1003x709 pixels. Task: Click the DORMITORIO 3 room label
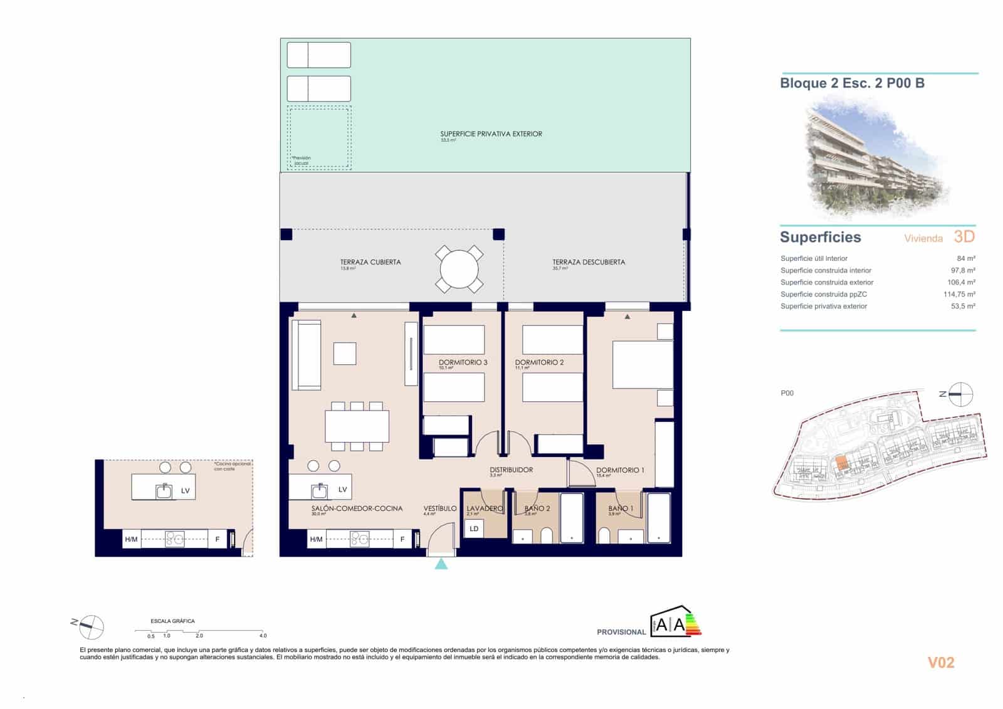(x=463, y=362)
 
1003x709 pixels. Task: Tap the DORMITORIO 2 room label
(x=539, y=362)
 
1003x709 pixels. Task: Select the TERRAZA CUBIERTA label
(x=370, y=262)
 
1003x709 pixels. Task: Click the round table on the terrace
(x=459, y=269)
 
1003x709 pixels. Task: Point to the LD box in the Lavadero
(x=474, y=528)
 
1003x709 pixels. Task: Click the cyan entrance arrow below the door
(x=441, y=564)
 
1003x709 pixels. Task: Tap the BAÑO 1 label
(x=621, y=508)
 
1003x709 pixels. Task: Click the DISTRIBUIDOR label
(x=511, y=470)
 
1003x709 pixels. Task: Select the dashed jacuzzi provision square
(x=319, y=137)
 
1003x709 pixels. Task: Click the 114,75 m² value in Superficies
(x=959, y=294)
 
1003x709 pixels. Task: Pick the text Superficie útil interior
(x=814, y=258)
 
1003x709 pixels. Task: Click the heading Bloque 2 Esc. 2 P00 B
(x=852, y=83)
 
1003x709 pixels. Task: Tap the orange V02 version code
(x=940, y=663)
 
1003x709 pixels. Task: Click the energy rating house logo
(x=676, y=622)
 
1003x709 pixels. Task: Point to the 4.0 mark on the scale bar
(x=263, y=635)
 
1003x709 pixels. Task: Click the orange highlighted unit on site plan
(x=841, y=463)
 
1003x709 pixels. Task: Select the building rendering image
(x=876, y=157)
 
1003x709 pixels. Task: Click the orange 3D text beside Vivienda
(x=964, y=236)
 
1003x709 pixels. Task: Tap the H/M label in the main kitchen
(x=316, y=539)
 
